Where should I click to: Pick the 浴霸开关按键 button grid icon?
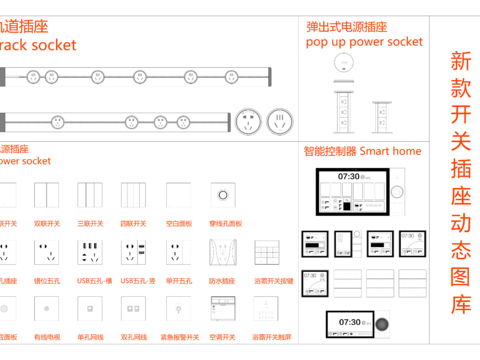(x=267, y=252)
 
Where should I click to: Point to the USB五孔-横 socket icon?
(x=90, y=252)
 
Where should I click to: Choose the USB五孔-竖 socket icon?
(x=134, y=252)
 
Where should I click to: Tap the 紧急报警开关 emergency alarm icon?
(x=178, y=308)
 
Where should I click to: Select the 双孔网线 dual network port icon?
(x=134, y=308)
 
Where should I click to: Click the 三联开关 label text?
(x=90, y=224)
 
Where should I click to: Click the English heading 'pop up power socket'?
(x=364, y=42)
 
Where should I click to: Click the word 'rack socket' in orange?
(x=40, y=45)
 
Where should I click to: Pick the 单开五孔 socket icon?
(x=178, y=252)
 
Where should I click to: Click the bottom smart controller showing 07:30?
(x=349, y=325)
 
